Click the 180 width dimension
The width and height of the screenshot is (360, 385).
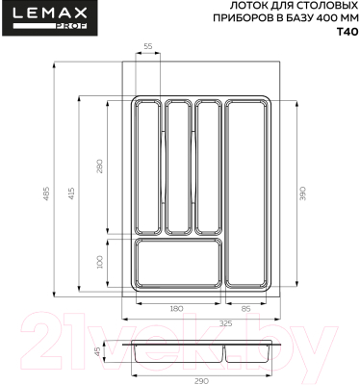176,308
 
